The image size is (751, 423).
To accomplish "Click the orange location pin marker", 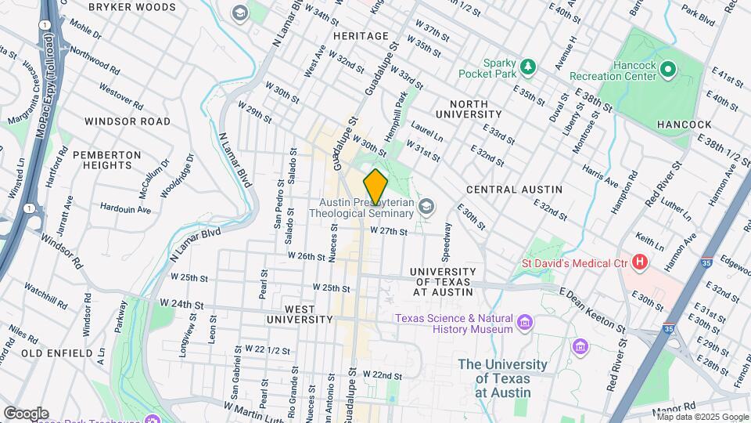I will tap(375, 186).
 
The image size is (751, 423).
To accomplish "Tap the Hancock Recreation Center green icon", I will tap(667, 70).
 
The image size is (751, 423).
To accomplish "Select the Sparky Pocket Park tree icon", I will tap(529, 67).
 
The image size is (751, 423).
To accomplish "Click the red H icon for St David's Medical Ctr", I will tap(641, 262).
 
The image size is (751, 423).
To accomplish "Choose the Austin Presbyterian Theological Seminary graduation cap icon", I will tap(426, 207).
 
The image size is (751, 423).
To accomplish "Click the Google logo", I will tap(26, 413).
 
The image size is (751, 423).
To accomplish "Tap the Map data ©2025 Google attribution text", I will tap(702, 417).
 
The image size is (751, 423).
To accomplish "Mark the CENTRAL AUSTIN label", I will tap(514, 190).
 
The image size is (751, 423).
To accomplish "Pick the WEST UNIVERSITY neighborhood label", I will tap(300, 313).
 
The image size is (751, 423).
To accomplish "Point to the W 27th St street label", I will tap(389, 231).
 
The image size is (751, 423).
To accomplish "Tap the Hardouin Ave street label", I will tap(125, 209).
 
